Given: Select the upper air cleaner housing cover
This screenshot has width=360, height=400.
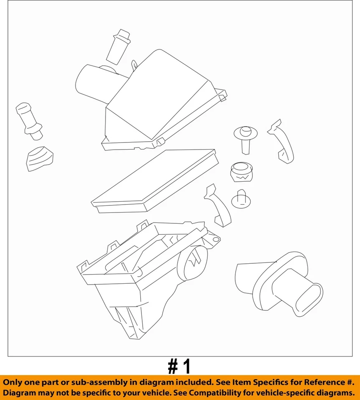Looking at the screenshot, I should pyautogui.click(x=163, y=104).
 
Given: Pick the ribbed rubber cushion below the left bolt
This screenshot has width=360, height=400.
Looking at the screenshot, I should pyautogui.click(x=40, y=158).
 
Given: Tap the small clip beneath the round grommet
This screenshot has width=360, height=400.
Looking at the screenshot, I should pyautogui.click(x=241, y=199).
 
